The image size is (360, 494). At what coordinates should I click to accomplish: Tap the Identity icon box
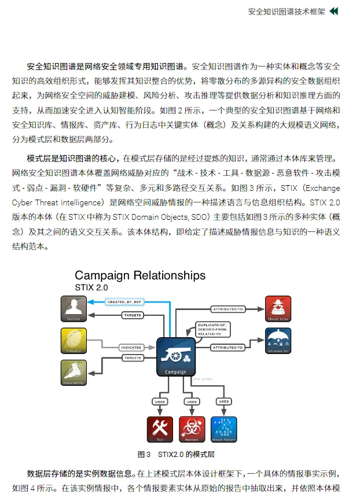point(74,308)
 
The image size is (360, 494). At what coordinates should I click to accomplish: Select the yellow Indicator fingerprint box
point(74,341)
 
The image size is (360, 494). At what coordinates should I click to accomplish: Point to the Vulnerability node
point(74,373)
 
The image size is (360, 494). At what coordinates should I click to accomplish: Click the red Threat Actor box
point(278,308)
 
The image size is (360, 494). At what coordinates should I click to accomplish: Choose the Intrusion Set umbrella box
point(278,341)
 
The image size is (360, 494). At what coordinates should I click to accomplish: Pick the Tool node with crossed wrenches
point(159,429)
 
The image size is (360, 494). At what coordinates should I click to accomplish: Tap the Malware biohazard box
point(192,429)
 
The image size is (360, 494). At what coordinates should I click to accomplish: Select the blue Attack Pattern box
point(224,429)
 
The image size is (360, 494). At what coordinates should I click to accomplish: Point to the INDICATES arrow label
point(131,348)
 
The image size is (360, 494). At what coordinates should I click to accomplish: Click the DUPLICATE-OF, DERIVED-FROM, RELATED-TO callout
point(211,328)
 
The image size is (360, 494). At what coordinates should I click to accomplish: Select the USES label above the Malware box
point(192,401)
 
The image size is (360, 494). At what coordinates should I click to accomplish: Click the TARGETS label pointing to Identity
point(133,315)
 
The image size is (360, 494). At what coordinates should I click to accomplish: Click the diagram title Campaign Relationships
point(140,275)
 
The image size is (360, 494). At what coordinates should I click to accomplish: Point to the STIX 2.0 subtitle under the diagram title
point(91,287)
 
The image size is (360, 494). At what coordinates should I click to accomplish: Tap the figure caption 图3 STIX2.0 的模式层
point(176,454)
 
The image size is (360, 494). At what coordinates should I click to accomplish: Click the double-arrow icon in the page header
point(333,11)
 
